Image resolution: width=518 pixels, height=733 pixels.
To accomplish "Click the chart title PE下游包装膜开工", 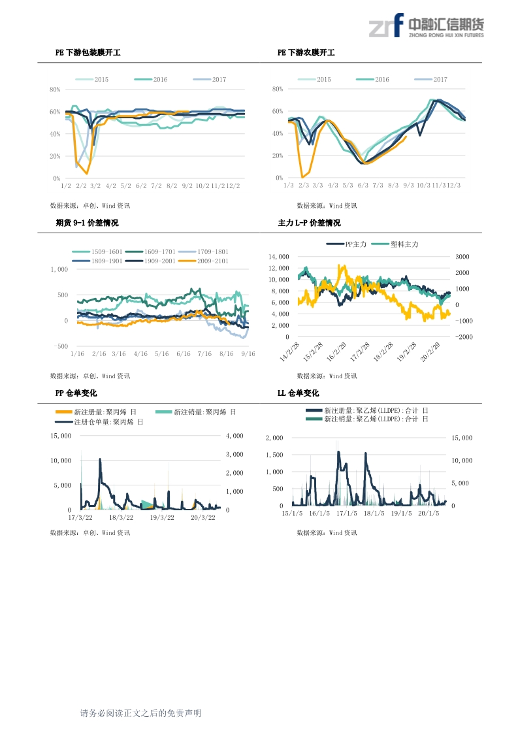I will pos(88,52).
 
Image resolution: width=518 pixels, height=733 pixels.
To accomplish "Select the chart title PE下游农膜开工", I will pos(306,52).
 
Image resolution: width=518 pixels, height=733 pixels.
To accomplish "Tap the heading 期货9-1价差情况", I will pos(87,223).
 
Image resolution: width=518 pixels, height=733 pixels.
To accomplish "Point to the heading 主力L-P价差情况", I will pos(309,223).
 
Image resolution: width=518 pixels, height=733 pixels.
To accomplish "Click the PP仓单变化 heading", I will pos(76,393).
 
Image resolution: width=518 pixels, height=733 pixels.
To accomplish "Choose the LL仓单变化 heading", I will pos(299,393).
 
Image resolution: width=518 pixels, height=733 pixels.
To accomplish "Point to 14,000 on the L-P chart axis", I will pos(278,257).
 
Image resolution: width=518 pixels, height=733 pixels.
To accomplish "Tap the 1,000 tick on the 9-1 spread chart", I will pos(59,269).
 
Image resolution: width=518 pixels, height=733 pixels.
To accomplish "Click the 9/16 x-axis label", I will pos(248,353).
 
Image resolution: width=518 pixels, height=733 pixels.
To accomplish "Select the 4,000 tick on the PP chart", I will pos(234,436).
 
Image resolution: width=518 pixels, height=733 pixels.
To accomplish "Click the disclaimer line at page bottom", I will pos(140,713).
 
